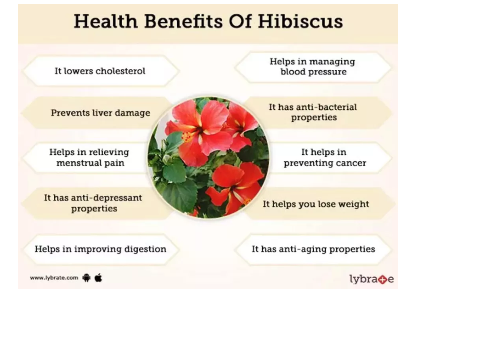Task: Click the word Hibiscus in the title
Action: point(300,22)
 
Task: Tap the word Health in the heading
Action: point(106,22)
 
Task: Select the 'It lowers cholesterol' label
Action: point(100,71)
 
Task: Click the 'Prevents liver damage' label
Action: point(101,113)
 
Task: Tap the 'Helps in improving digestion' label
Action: point(101,249)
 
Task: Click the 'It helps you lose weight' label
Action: point(316,204)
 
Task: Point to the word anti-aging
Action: point(303,249)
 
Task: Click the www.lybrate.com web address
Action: point(54,278)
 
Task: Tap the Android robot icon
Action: point(86,278)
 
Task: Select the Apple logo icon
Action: point(98,278)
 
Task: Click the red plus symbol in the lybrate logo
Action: point(383,280)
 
